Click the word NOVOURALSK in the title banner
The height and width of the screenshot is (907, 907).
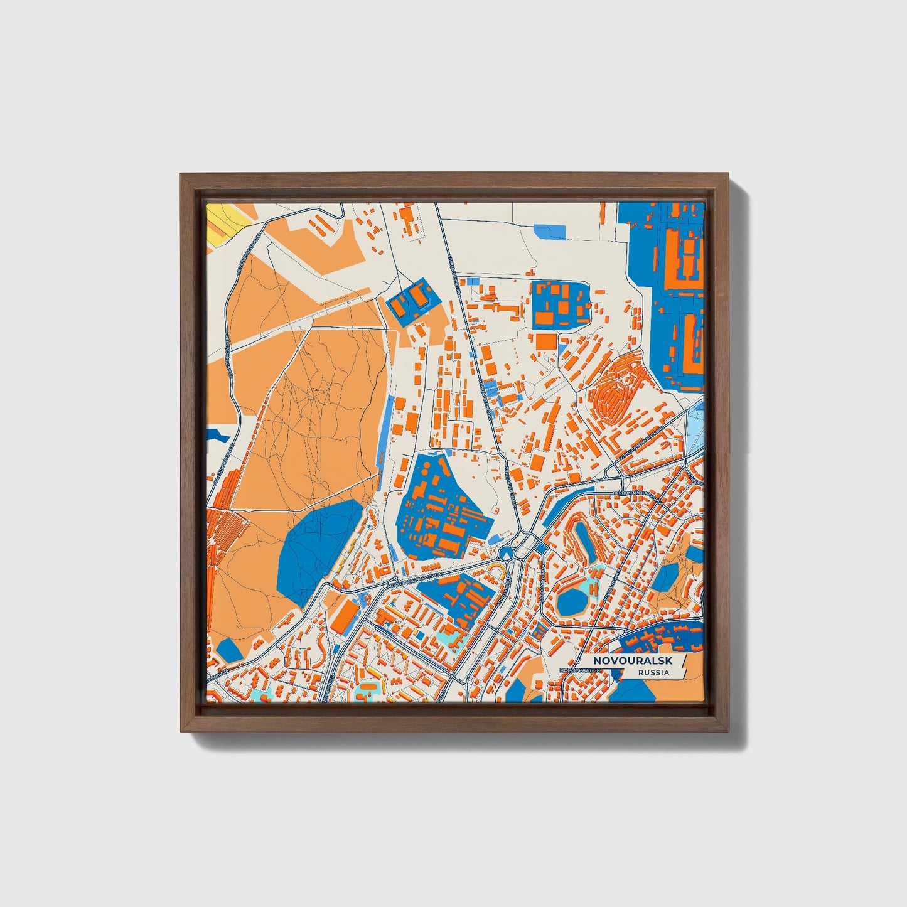coord(634,661)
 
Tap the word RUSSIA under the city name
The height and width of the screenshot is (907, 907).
coord(653,672)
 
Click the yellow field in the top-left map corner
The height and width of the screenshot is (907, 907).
coord(226,223)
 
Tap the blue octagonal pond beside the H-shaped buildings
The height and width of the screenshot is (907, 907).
coord(571,601)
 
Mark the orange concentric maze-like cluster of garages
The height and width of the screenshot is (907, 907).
coord(612,395)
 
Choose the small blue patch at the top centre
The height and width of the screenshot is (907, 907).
coord(549,232)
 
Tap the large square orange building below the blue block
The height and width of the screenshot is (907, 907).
coord(545,342)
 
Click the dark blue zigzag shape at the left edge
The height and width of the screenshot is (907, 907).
coord(217,434)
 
